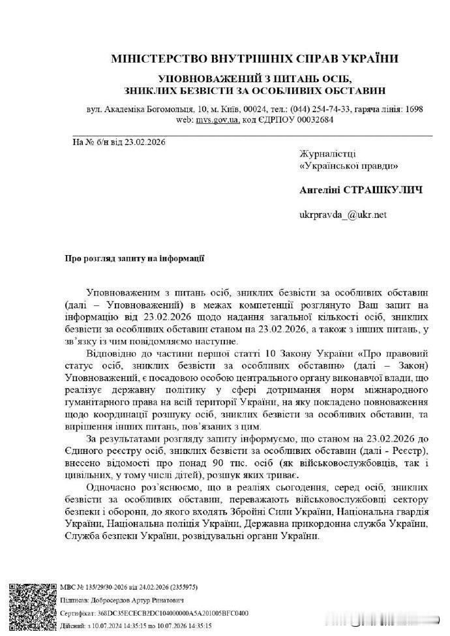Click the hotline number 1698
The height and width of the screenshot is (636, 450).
413,110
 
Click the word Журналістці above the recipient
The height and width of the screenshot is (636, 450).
327,154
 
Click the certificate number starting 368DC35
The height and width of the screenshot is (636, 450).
175,614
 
